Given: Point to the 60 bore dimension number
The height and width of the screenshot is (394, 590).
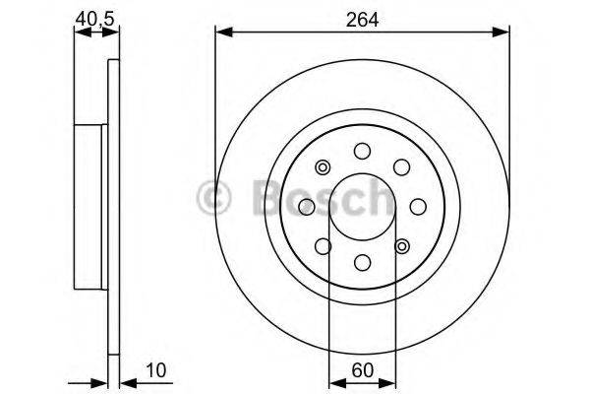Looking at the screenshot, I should click(362, 373).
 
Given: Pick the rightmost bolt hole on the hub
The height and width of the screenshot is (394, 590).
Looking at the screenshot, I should click(417, 205).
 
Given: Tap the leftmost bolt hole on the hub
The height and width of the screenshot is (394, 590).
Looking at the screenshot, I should click(306, 206).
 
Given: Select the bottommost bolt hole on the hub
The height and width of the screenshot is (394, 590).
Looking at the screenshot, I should click(362, 261).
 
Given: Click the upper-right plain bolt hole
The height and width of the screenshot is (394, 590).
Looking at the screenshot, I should click(400, 165).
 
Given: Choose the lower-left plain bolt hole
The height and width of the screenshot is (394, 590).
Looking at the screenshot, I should click(323, 245).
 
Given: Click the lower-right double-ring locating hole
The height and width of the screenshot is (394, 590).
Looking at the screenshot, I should click(400, 245).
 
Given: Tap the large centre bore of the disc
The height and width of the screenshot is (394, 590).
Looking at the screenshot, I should click(362, 206).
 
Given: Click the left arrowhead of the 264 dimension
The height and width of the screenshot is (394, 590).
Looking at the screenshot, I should click(222, 33).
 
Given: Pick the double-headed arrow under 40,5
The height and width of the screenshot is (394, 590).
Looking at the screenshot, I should click(90, 33).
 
